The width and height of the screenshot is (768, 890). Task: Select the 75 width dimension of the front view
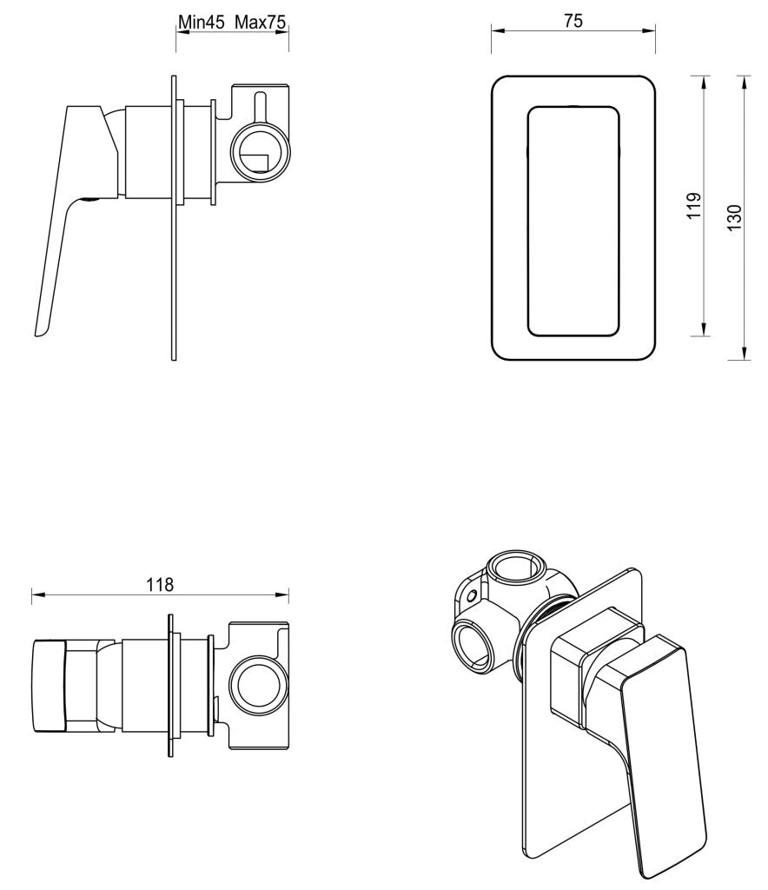pyautogui.click(x=573, y=21)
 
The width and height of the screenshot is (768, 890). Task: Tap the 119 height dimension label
pyautogui.click(x=693, y=206)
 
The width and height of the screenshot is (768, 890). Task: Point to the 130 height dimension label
pyautogui.click(x=735, y=216)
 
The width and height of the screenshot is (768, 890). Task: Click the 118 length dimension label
pyautogui.click(x=160, y=584)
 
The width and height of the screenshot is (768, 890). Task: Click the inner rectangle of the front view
pyautogui.click(x=574, y=221)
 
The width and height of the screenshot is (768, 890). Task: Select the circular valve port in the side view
pyautogui.click(x=259, y=155)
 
